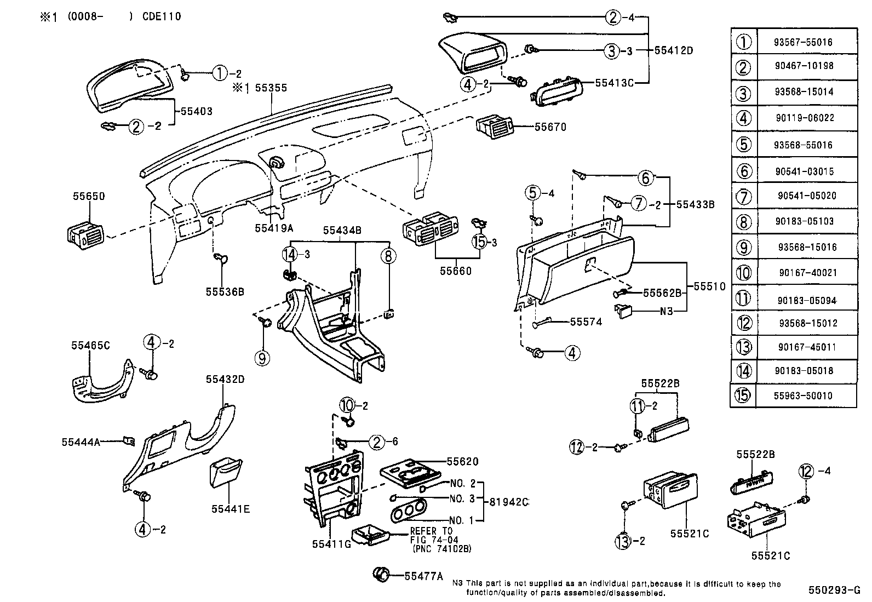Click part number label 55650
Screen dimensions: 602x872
tap(88, 196)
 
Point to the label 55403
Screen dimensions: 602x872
tap(197, 111)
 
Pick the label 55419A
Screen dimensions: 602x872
tap(274, 227)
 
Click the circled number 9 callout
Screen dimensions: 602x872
tap(262, 358)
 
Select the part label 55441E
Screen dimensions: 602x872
tap(231, 509)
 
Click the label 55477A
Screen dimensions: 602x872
tap(423, 576)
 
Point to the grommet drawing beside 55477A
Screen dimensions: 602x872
tap(382, 574)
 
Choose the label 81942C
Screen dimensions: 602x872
tap(509, 501)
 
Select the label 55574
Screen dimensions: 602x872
tap(586, 322)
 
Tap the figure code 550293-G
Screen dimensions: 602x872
tap(834, 590)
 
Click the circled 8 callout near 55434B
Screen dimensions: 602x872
tap(388, 256)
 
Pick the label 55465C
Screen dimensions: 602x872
tap(90, 345)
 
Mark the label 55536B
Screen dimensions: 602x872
tap(225, 291)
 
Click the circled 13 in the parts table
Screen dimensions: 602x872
tap(743, 347)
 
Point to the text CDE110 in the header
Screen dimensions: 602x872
tap(162, 16)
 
